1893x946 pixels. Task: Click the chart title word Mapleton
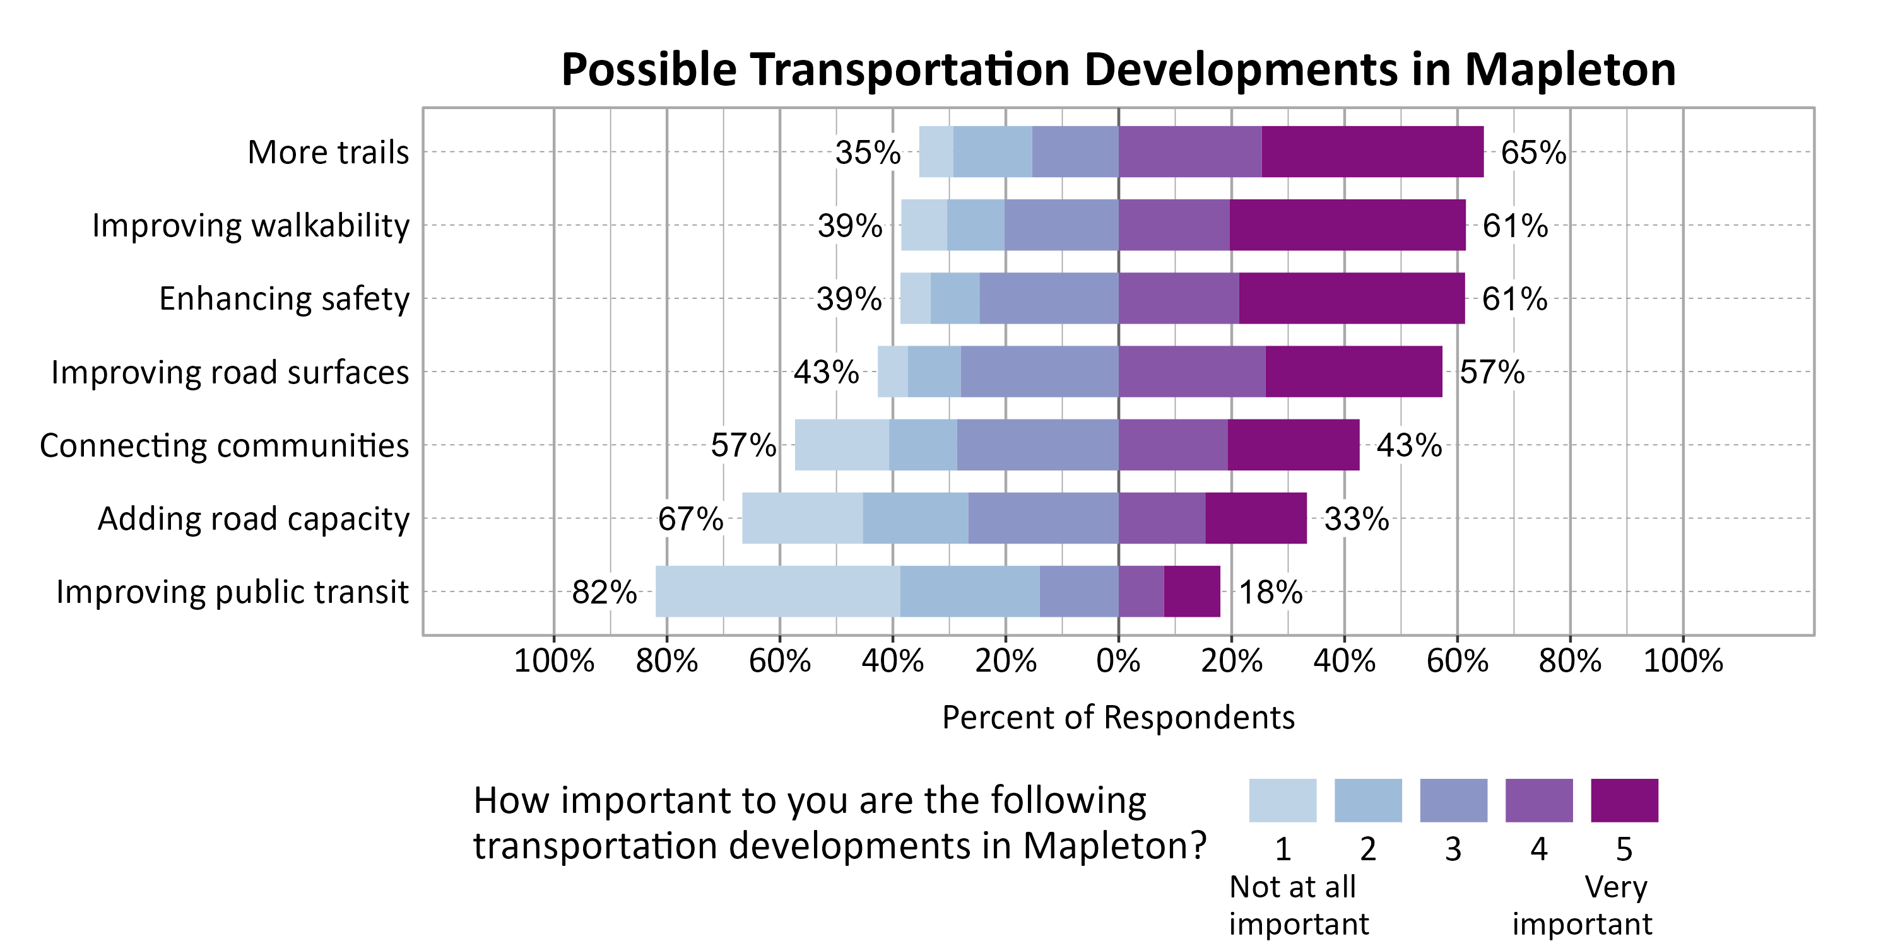[x=1570, y=70]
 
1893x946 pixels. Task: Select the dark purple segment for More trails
[x=1372, y=151]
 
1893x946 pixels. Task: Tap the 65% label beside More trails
[x=1533, y=152]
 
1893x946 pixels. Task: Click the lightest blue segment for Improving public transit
[x=777, y=592]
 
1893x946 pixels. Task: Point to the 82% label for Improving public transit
[x=604, y=592]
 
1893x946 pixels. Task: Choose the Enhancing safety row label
[x=284, y=299]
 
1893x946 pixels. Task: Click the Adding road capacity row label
[x=253, y=518]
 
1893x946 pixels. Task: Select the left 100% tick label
[x=553, y=661]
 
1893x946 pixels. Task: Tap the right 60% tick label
[x=1456, y=661]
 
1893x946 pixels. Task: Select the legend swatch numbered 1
[x=1282, y=800]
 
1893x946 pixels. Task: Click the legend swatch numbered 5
[x=1624, y=800]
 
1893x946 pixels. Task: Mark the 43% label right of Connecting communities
[x=1409, y=445]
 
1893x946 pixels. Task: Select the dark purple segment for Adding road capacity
[x=1256, y=518]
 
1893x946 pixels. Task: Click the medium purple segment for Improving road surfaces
[x=1191, y=371]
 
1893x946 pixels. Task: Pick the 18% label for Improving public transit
[x=1271, y=592]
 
